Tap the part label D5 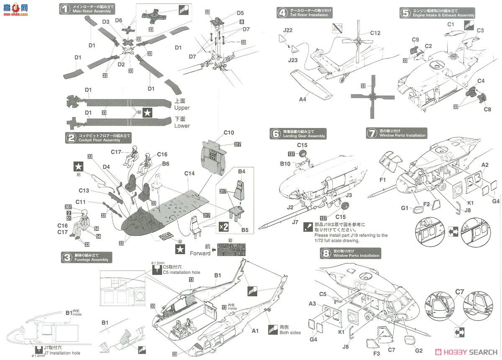[x=240, y=13]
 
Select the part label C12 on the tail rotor [x=375, y=33]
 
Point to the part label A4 [x=302, y=99]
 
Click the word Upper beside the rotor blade [x=182, y=108]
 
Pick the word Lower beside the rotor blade [x=182, y=125]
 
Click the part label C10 [x=228, y=133]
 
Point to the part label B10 [x=285, y=163]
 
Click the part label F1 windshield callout [x=382, y=180]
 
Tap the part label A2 [x=485, y=165]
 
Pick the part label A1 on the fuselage [x=255, y=331]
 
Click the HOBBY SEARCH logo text [x=469, y=352]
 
